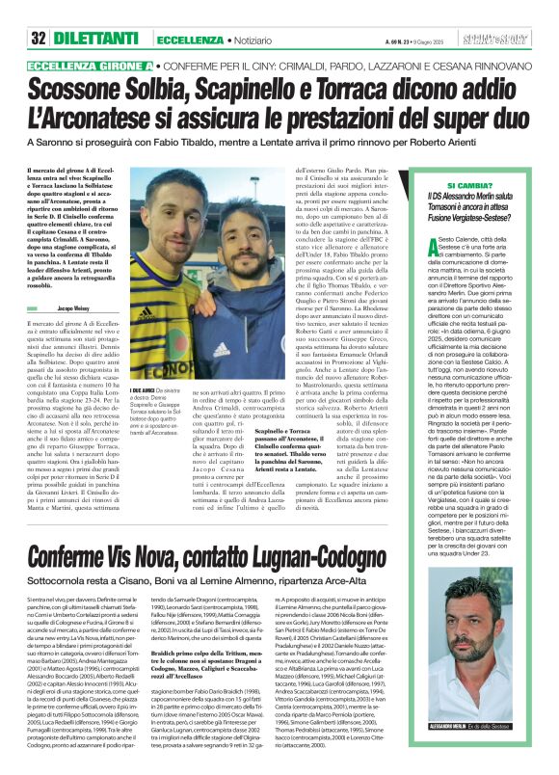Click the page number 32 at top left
40,13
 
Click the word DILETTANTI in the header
95,13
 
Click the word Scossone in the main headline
93,89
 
